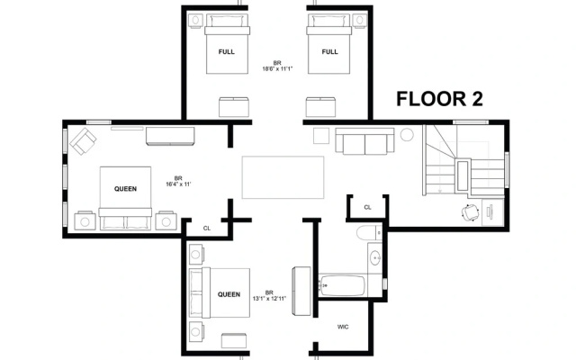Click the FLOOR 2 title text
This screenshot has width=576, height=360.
pos(439,99)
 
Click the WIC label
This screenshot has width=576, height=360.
pos(343,327)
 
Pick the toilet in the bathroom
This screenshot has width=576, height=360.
pos(368,233)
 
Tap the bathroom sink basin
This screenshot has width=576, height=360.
pos(375,258)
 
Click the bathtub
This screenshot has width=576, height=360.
pos(342,285)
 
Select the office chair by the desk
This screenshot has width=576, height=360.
pos(470,213)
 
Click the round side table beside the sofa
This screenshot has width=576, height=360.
pos(407,134)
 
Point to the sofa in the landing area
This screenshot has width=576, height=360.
pos(364,141)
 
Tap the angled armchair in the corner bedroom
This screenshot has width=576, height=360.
pos(83,141)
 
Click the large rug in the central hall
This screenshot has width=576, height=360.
pos(283,177)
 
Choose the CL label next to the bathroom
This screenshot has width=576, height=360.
pos(367,208)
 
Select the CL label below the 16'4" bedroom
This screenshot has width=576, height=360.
pos(207,229)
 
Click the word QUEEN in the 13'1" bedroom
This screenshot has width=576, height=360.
pos(229,294)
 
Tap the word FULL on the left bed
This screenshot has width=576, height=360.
pos(226,52)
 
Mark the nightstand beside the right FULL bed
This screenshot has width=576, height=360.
pos(360,20)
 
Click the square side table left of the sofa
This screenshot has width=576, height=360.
pos(321,136)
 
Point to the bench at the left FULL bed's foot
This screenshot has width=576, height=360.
pos(234,107)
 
